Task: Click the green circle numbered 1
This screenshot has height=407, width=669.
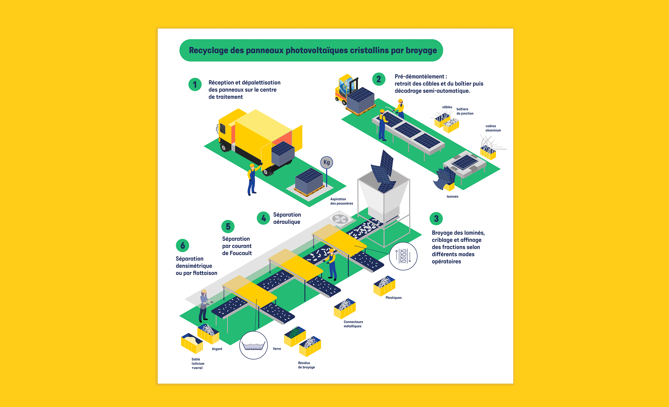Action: click(x=195, y=85)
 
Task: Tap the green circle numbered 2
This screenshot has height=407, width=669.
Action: click(x=378, y=79)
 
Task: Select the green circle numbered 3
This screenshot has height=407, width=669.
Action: click(x=436, y=219)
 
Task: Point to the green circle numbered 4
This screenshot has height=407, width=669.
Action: click(x=263, y=218)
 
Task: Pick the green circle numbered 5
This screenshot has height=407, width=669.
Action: click(x=228, y=226)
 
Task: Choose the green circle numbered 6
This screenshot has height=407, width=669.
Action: click(x=183, y=245)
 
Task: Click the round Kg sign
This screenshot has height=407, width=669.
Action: click(x=326, y=162)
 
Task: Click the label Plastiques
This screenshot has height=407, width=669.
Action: click(x=393, y=298)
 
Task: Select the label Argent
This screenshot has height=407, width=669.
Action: click(x=217, y=349)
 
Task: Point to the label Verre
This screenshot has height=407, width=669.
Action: click(x=277, y=349)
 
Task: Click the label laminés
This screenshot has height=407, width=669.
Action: click(x=452, y=197)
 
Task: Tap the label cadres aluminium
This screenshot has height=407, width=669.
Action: click(x=493, y=128)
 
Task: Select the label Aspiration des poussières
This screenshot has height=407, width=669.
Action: click(x=341, y=201)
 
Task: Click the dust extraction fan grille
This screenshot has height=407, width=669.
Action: click(x=340, y=219)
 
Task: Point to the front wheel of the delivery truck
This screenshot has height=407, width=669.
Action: click(x=224, y=148)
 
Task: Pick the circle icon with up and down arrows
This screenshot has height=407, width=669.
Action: click(x=403, y=256)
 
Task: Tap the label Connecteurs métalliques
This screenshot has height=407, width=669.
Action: click(x=353, y=324)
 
